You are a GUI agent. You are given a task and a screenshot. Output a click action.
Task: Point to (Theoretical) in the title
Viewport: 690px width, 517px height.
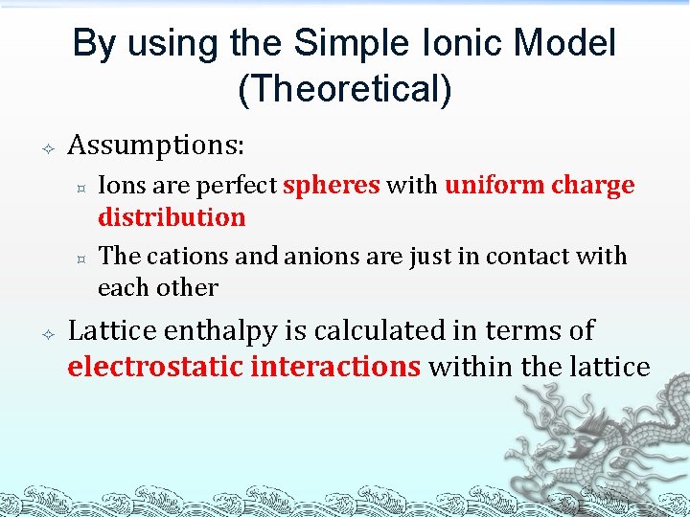344,88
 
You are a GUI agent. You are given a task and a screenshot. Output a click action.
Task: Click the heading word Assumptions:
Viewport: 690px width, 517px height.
156,146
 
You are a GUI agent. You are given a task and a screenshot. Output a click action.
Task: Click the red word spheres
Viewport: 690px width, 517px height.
332,185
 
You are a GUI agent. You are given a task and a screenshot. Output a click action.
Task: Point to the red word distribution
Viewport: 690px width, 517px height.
172,217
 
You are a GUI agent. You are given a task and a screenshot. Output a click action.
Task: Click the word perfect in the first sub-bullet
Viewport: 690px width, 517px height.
241,185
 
